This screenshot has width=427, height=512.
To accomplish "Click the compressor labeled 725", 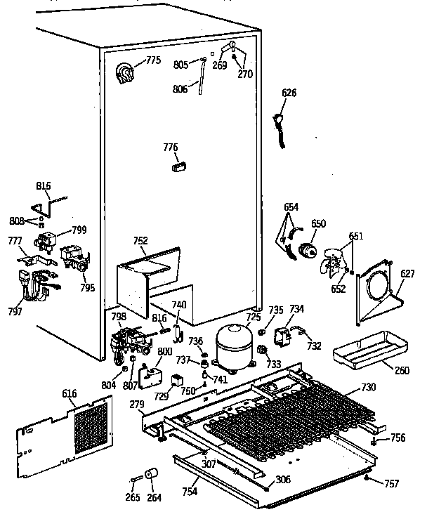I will (234, 346).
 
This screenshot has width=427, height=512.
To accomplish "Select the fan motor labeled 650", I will (306, 249).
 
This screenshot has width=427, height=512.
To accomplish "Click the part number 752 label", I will (140, 241).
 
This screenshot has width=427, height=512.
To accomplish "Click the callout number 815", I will (44, 186).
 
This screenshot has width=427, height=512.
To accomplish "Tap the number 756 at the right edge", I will (398, 438).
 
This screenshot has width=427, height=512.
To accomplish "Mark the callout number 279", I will (136, 404).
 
